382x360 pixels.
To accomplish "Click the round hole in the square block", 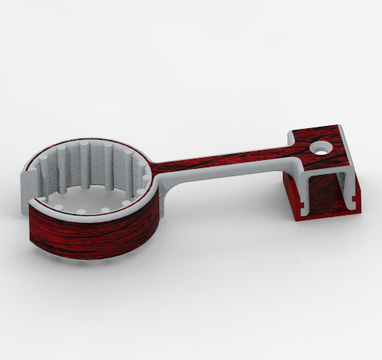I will [x=321, y=147].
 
